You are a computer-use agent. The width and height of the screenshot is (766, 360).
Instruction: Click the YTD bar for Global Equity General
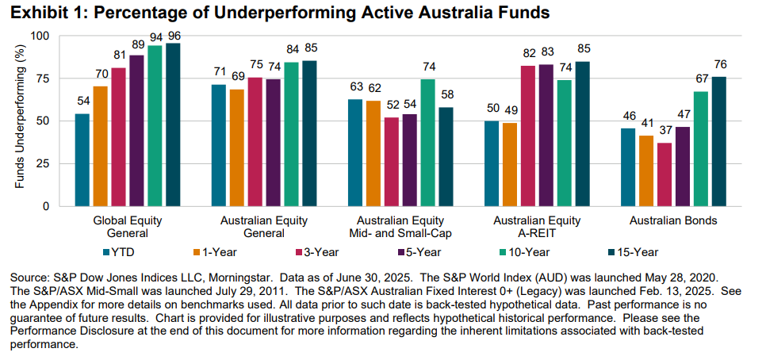82,159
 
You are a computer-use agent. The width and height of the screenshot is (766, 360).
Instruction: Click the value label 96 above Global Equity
174,35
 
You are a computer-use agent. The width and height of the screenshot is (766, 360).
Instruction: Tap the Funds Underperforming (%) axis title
17,119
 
